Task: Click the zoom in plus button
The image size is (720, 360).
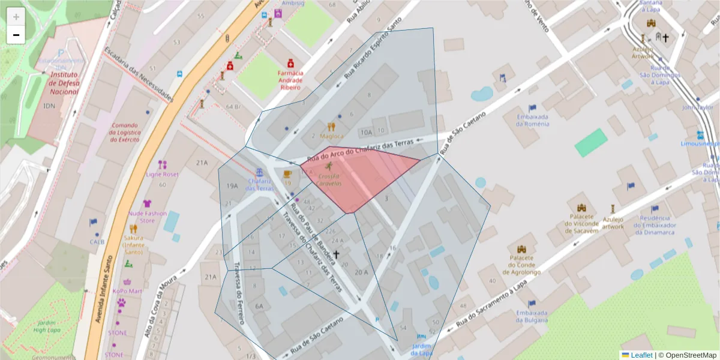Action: pyautogui.click(x=16, y=17)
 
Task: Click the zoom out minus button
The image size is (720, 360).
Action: pyautogui.click(x=16, y=35)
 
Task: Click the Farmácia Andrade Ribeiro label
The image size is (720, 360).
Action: pyautogui.click(x=290, y=80)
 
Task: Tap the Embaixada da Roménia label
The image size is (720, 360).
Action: pyautogui.click(x=532, y=120)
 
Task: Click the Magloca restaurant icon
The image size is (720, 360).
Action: pyautogui.click(x=331, y=127)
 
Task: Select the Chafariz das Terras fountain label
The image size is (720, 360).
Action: pyautogui.click(x=259, y=184)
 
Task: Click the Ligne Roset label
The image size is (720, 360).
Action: pyautogui.click(x=162, y=175)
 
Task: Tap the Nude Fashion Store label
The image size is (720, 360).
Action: pyautogui.click(x=148, y=217)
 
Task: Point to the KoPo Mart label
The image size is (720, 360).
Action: pyautogui.click(x=127, y=290)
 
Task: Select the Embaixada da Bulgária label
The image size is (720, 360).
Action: pyautogui.click(x=532, y=316)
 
